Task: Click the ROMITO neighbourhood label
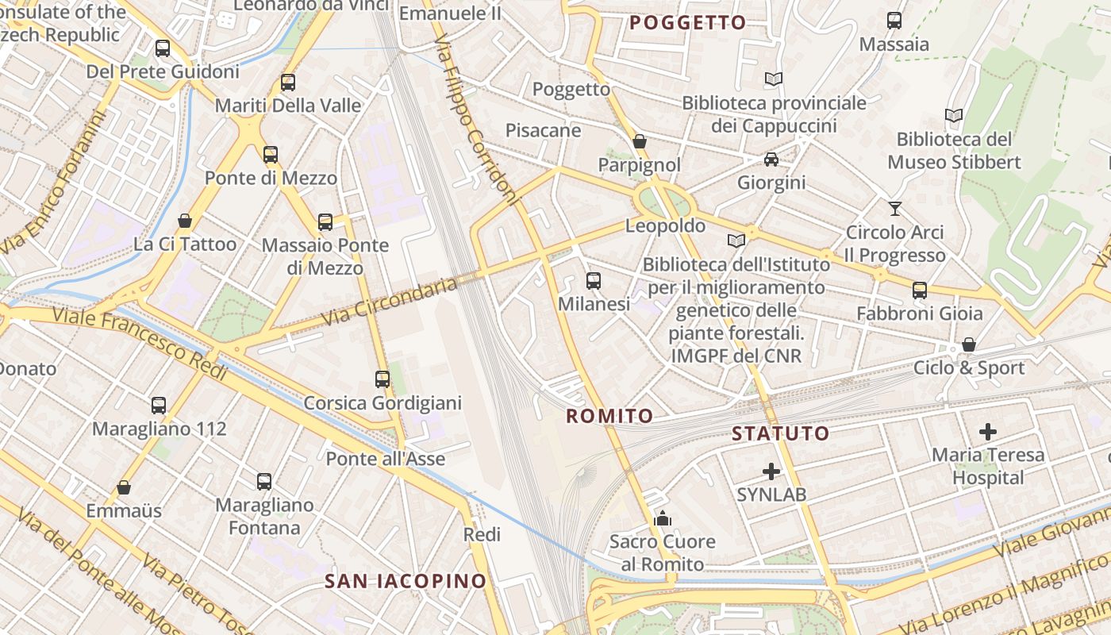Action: tap(609, 415)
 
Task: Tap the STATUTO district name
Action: tap(780, 433)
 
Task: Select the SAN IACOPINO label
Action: tap(406, 580)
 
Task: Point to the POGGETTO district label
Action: tap(688, 22)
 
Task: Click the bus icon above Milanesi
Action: tap(593, 280)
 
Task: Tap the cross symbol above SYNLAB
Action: tap(771, 471)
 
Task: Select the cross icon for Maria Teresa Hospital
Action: tap(987, 432)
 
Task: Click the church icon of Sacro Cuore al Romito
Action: tap(662, 519)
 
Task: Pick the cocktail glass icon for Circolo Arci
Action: tap(895, 209)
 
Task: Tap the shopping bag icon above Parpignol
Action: tap(639, 141)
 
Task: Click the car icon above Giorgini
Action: tap(771, 160)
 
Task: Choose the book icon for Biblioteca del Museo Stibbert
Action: tap(954, 116)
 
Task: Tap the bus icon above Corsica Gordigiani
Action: tap(383, 379)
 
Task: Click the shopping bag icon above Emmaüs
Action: tap(124, 487)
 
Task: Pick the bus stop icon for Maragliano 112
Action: tap(159, 406)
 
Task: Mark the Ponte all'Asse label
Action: tap(386, 459)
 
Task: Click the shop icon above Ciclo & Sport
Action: tap(968, 344)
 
